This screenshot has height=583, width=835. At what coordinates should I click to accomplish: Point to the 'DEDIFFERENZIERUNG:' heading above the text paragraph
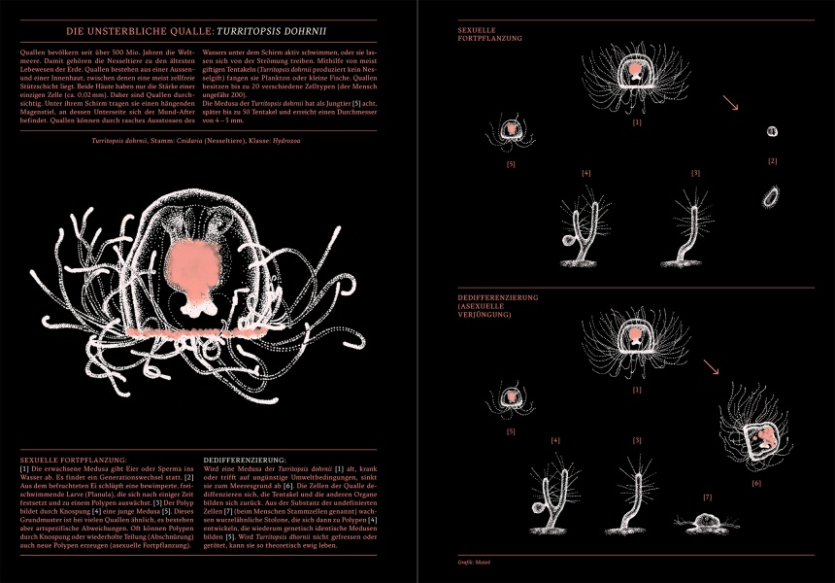pos(246,459)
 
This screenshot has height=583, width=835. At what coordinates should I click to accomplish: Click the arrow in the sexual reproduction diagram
pos(731,102)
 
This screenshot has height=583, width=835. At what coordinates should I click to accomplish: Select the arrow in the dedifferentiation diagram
pos(712,366)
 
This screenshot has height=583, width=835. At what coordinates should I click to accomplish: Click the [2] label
pos(772,160)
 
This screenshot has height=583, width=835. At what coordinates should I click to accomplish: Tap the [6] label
pos(755,482)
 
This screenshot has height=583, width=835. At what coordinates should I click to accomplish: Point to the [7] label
pos(707,497)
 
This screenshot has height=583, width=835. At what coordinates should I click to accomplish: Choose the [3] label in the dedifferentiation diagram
pos(638,440)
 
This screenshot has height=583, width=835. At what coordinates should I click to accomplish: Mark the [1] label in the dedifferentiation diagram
pos(637,389)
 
